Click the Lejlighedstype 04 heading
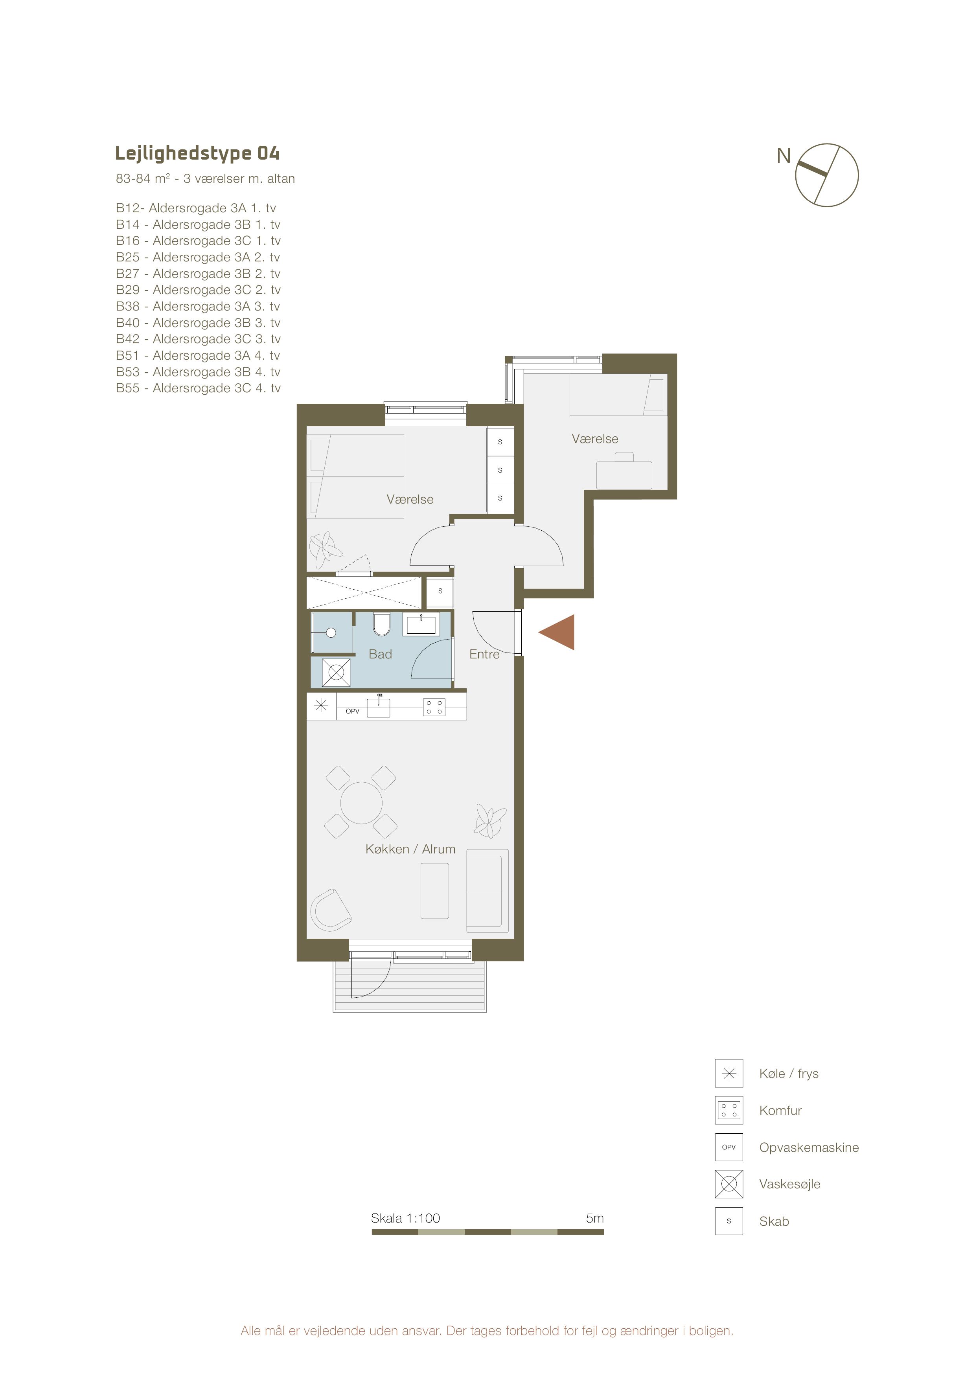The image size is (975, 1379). click(x=197, y=154)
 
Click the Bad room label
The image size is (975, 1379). click(x=380, y=654)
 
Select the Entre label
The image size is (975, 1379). click(x=484, y=654)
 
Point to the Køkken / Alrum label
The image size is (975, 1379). click(x=410, y=849)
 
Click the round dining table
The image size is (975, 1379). click(x=362, y=802)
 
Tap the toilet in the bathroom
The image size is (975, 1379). click(x=381, y=624)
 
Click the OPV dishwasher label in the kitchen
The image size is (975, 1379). click(x=353, y=711)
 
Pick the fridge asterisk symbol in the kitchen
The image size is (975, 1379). click(x=321, y=706)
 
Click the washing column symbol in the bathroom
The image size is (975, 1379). click(x=337, y=673)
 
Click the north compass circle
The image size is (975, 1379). click(x=827, y=175)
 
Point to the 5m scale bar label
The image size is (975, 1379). click(x=595, y=1218)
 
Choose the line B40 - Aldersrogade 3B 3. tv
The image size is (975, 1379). click(x=198, y=322)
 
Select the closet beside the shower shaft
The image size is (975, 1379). click(x=440, y=592)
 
